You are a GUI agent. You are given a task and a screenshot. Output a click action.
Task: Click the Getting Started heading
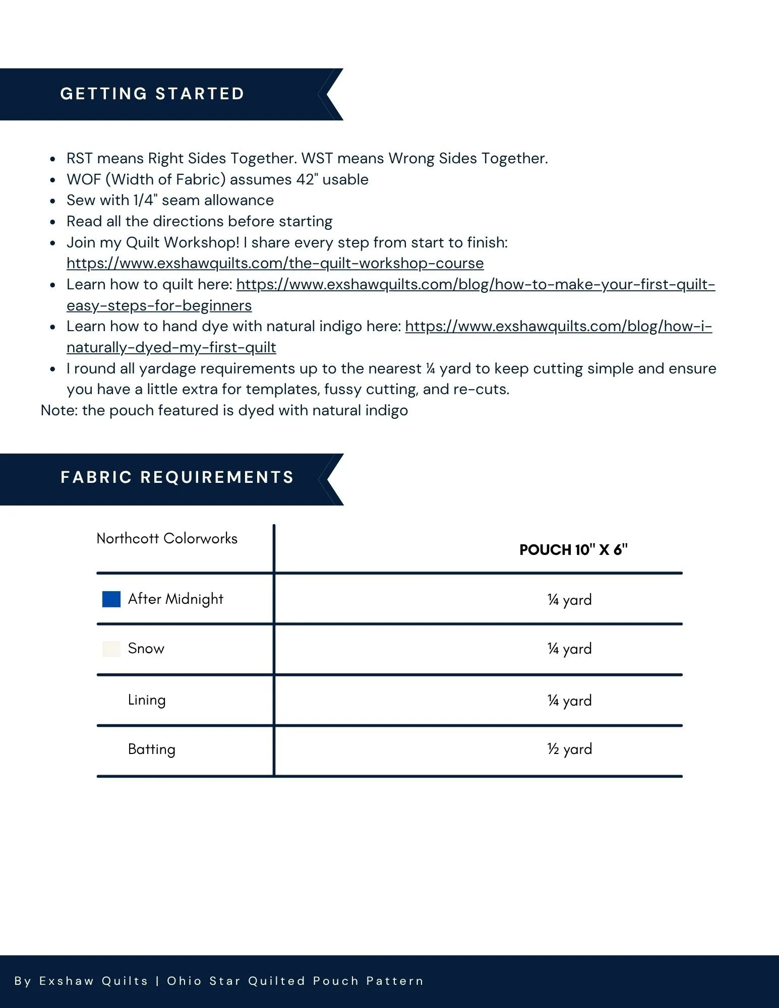(152, 94)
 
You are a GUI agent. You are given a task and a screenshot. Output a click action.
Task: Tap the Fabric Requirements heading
(177, 477)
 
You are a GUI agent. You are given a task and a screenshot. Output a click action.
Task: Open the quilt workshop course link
(275, 263)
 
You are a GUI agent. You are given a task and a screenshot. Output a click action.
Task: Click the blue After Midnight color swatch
(111, 599)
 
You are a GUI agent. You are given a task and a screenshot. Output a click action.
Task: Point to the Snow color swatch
(111, 649)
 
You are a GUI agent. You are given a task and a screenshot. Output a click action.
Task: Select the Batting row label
(151, 749)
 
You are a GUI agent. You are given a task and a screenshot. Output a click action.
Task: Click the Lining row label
(147, 700)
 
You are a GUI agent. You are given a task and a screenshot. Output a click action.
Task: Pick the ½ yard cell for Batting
(569, 749)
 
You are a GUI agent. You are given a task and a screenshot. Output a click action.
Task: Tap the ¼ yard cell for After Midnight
(569, 600)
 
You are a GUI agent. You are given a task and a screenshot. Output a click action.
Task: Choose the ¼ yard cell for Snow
(569, 649)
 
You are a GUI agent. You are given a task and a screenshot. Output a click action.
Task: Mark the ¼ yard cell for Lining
(569, 701)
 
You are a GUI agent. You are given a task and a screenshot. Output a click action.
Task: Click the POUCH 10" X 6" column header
(573, 550)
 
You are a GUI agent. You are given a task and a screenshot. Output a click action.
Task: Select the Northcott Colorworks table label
(167, 539)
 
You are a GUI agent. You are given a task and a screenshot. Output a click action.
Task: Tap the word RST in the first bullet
(80, 158)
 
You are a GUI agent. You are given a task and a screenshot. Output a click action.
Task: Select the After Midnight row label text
(175, 599)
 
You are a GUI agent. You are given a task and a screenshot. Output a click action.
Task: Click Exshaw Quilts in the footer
(94, 981)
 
